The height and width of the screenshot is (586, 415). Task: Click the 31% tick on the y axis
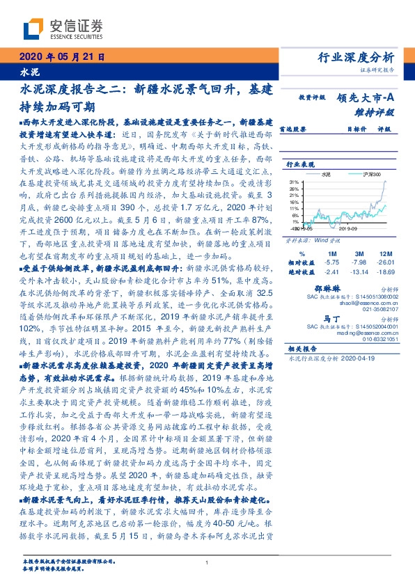coord(293,182)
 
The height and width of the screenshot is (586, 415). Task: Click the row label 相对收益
coord(302,262)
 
